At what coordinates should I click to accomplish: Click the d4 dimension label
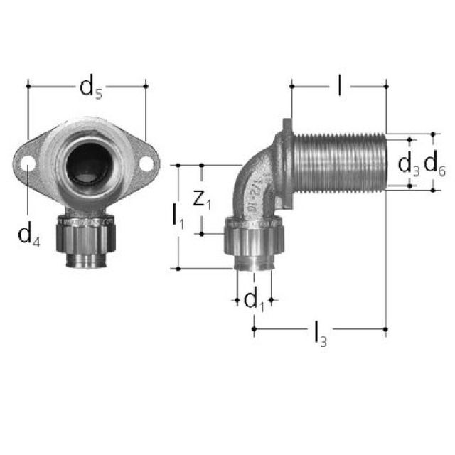tap(29, 233)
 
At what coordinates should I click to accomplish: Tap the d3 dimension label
tap(408, 164)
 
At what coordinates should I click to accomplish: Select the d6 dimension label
tap(434, 165)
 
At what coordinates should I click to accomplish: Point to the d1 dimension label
tap(255, 301)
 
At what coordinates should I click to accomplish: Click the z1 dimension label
tap(203, 200)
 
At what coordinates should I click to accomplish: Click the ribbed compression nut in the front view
tap(87, 238)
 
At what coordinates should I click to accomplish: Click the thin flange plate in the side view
tap(287, 160)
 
